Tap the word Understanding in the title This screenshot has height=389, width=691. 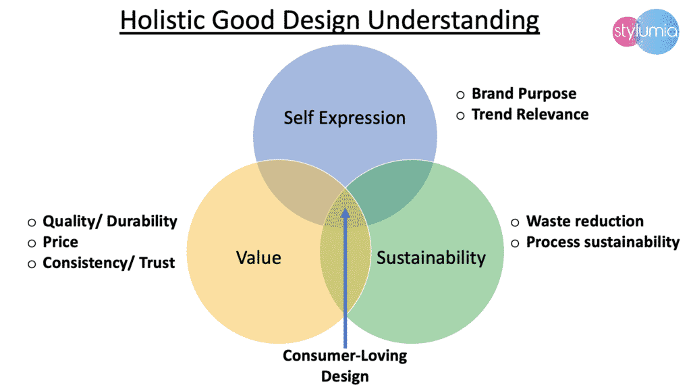453,21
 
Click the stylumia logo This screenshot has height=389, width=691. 646,32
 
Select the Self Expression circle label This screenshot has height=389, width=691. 344,118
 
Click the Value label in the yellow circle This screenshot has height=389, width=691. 258,257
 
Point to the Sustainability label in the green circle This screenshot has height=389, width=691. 431,258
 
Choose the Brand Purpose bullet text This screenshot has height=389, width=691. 524,93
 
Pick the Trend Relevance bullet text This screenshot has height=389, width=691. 530,114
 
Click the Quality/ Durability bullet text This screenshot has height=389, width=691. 110,222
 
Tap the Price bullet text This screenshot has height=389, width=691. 60,242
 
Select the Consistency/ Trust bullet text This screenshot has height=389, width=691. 109,263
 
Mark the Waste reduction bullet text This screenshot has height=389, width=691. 585,221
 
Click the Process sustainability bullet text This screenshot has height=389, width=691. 603,242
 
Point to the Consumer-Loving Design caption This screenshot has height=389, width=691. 345,365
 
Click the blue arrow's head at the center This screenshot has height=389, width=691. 345,213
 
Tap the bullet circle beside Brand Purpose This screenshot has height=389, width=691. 460,95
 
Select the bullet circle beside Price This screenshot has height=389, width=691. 32,243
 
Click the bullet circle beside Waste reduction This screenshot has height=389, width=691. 515,222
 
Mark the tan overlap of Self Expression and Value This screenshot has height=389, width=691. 296,192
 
